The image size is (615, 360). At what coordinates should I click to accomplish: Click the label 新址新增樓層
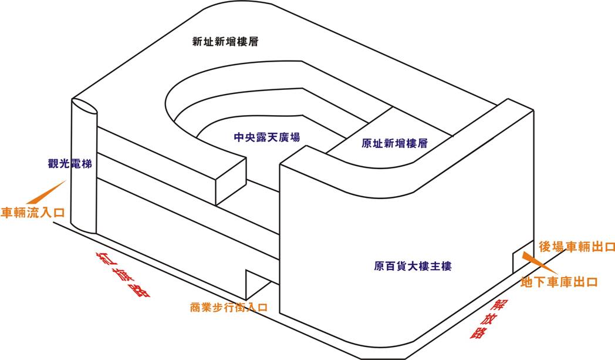pos(226,42)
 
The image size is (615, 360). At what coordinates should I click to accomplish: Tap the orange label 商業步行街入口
pos(229,307)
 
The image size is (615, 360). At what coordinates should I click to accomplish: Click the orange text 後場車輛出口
pos(576,247)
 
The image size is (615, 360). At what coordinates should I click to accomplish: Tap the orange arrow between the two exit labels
pos(533,261)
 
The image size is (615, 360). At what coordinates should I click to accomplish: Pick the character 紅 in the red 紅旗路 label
pos(106,259)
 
